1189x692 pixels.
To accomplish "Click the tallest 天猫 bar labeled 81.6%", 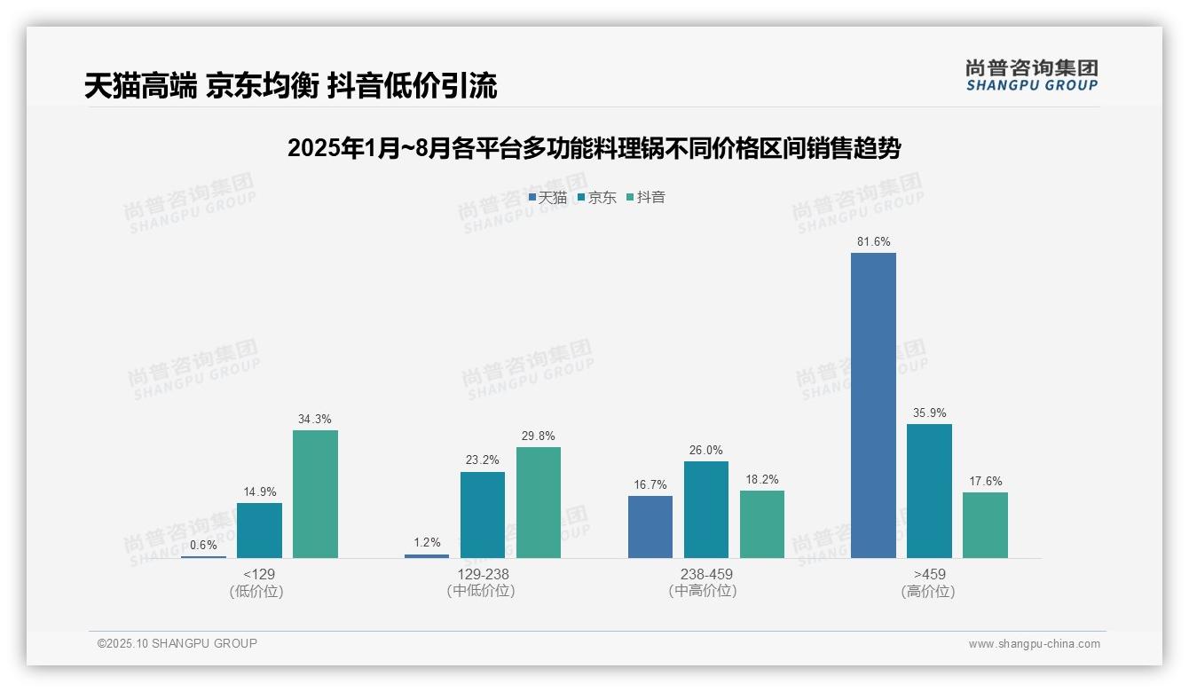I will point(873,405).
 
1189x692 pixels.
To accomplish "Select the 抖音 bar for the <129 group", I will point(315,494).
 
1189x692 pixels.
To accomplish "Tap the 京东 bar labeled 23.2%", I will point(483,515).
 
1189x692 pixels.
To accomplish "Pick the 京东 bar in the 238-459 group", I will point(706,509).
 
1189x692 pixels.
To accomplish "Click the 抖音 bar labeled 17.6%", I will point(985,525).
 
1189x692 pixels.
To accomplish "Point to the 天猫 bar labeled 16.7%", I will point(650,527).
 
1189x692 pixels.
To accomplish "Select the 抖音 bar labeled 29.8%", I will point(539,502).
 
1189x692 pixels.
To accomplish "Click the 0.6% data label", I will point(203,545).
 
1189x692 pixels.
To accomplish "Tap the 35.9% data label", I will point(929,413).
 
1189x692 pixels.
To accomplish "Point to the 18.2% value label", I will point(762,479).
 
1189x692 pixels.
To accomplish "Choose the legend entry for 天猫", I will point(547,197).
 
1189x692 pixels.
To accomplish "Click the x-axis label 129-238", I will point(483,574).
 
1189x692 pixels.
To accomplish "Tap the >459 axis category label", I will point(928,574).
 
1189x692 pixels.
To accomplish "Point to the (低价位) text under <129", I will point(256,591).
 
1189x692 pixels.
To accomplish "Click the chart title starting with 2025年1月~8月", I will point(594,147).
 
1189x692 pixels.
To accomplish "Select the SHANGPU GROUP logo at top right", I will point(1031,75).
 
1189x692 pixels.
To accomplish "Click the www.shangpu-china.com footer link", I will point(1034,644).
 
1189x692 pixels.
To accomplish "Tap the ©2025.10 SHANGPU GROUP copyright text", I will point(177,643).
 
